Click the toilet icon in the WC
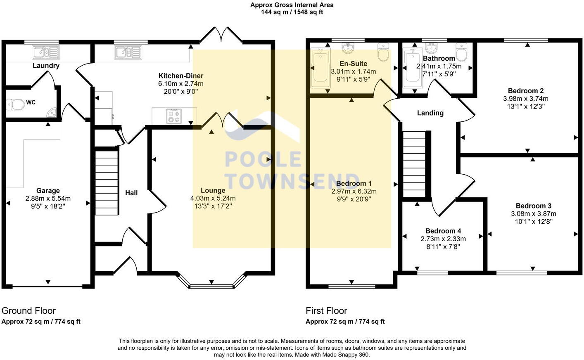point(15,104)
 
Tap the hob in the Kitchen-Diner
point(174,116)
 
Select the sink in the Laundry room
point(46,52)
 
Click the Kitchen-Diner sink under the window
point(128,52)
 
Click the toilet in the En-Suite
point(383,52)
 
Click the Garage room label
point(48,190)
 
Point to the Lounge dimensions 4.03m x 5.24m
point(213,198)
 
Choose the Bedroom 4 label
point(443,231)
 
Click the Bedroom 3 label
point(533,206)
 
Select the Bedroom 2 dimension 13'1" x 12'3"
point(525,106)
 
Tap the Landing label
point(430,113)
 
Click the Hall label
point(131,193)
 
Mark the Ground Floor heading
point(28,311)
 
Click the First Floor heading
point(326,311)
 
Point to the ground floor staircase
point(107,182)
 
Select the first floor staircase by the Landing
point(414,164)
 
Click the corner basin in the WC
point(52,112)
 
